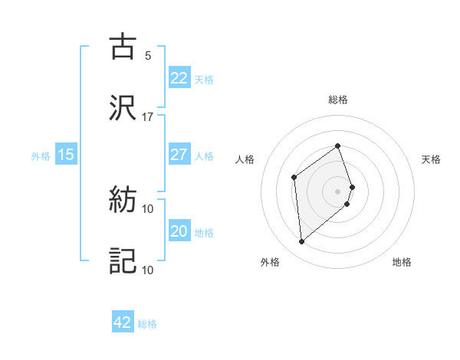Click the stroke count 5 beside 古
148,56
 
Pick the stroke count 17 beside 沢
148,117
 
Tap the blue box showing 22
179,78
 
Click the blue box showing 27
179,155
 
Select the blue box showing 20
179,231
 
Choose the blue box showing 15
66,155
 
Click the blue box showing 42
123,322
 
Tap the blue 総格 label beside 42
148,324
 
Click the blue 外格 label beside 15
41,156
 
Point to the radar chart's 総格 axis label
338,100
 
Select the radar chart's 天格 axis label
432,159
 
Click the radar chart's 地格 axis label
402,262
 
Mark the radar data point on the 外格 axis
301,242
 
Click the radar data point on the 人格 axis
294,178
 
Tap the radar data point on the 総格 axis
338,146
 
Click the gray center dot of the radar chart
338,191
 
